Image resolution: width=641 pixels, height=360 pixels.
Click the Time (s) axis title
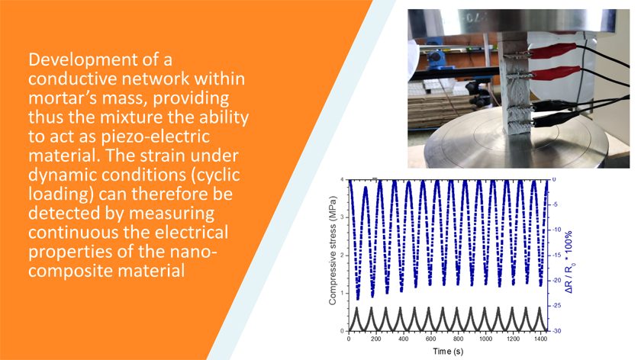tap(448, 351)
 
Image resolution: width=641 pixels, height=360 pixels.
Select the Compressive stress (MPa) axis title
tap(333, 251)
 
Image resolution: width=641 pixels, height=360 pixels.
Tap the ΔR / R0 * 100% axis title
tap(569, 262)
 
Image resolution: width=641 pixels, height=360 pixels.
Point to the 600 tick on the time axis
tap(431, 339)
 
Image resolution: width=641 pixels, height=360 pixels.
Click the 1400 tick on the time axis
tap(540, 339)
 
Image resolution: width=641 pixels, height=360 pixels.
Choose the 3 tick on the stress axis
tap(342, 217)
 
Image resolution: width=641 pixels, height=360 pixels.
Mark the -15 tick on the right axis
tap(557, 256)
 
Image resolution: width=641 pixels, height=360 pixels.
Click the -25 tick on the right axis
tap(557, 306)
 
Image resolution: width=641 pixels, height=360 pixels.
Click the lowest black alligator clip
tap(552, 121)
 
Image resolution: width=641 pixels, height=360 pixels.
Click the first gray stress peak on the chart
tap(357, 308)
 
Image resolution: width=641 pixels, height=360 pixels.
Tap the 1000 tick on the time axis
tap(485, 339)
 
